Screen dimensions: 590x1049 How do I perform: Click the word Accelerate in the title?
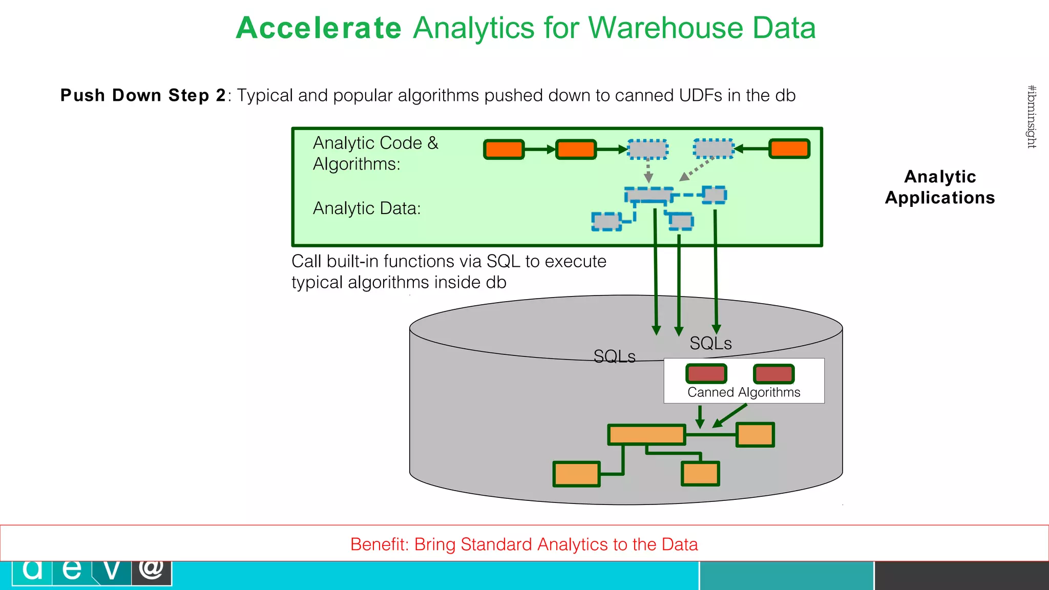pos(319,28)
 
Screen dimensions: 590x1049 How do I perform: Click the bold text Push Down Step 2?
pos(143,96)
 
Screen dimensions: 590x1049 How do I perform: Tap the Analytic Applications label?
pos(939,187)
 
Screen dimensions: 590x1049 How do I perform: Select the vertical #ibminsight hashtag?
pos(1032,117)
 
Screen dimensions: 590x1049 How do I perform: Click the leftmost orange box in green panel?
pos(504,150)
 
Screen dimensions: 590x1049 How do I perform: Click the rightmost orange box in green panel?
pos(789,149)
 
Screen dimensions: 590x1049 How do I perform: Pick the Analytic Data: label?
pos(367,208)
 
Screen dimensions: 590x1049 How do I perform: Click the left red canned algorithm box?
pos(706,374)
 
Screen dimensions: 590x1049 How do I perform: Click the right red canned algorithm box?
pos(773,374)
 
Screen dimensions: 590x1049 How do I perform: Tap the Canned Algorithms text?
pos(744,392)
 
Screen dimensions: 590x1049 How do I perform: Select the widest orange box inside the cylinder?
pos(646,435)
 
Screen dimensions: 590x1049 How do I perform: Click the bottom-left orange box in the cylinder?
pos(576,474)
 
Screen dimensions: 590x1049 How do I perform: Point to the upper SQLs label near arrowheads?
pos(710,343)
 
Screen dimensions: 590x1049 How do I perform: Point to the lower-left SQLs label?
pos(614,356)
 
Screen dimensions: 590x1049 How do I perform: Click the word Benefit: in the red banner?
pos(379,544)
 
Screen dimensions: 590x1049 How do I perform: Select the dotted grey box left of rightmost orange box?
pos(714,149)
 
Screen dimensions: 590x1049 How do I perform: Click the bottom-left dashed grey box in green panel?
pos(606,221)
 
